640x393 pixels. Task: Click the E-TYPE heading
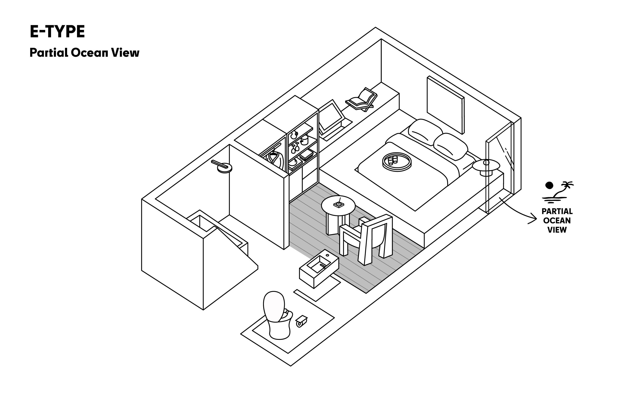point(57,32)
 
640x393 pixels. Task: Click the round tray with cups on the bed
point(397,161)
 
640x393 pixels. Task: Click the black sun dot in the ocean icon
point(549,185)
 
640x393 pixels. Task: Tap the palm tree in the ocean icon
point(565,188)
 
